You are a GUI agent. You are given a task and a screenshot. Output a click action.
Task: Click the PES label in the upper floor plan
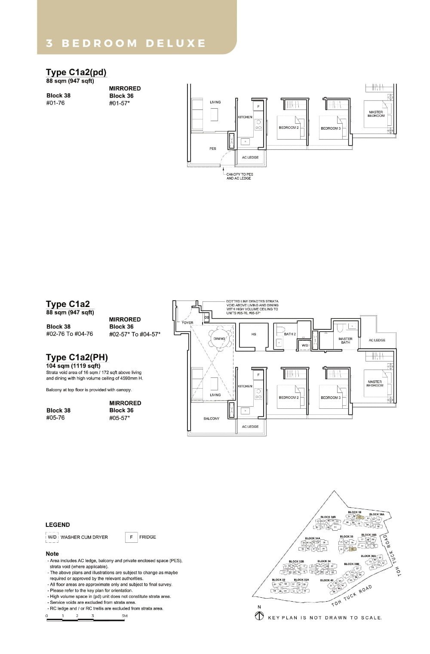tap(213, 149)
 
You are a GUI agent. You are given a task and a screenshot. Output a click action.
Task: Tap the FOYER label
tap(187, 322)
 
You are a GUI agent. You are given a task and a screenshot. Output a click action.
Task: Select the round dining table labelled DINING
tap(219, 338)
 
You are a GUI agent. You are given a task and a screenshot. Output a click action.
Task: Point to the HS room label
tap(254, 334)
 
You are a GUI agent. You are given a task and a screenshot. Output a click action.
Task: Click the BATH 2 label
tap(290, 334)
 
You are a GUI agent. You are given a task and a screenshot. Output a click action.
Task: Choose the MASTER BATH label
tap(345, 341)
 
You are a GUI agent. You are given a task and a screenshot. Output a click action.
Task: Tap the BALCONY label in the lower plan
tap(211, 418)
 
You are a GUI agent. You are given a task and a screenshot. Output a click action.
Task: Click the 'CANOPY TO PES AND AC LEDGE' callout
tap(240, 176)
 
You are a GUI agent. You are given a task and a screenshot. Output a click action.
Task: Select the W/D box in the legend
tap(52, 537)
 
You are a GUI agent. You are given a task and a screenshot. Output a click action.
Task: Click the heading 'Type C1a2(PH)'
tap(77, 357)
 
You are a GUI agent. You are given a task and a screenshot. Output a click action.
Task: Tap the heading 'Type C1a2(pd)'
tap(76, 72)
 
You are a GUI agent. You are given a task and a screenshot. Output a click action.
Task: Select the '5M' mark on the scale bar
tap(124, 616)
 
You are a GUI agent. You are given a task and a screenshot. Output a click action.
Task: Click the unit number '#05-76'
tap(55, 417)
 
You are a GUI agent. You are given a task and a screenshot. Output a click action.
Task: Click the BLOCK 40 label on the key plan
tap(326, 580)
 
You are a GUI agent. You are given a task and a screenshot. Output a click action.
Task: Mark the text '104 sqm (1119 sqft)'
tap(73, 366)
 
